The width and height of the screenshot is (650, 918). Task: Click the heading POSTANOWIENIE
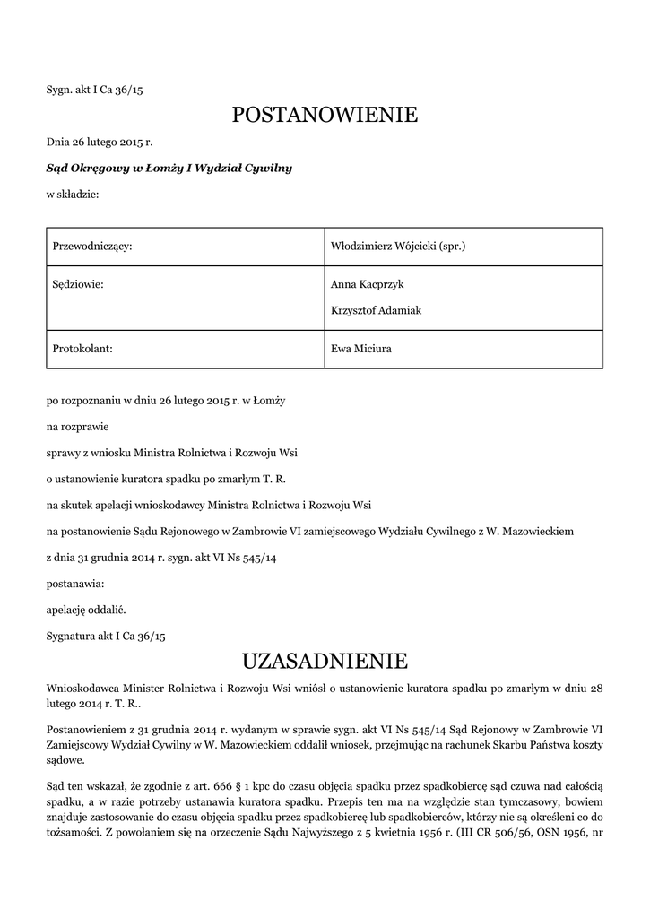pyautogui.click(x=325, y=115)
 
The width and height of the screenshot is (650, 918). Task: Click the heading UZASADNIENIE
pyautogui.click(x=325, y=662)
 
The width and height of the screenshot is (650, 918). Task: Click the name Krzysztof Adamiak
pyautogui.click(x=376, y=310)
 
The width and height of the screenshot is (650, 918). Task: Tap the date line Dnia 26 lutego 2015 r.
pyautogui.click(x=100, y=142)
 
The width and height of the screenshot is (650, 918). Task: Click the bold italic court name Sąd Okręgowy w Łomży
pyautogui.click(x=169, y=168)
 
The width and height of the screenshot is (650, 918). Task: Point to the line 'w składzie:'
pyautogui.click(x=73, y=194)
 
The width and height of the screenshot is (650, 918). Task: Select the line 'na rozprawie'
pyautogui.click(x=79, y=427)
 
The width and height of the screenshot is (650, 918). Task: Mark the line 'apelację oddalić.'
pyautogui.click(x=86, y=610)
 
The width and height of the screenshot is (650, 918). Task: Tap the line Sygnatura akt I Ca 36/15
pyautogui.click(x=106, y=636)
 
